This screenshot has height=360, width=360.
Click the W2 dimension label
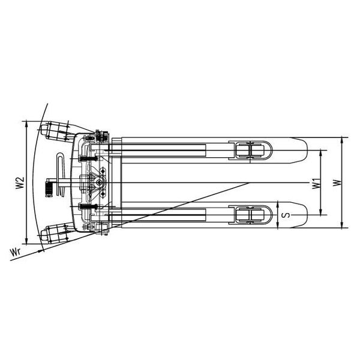click(20, 183)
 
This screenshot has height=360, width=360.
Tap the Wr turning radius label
click(16, 252)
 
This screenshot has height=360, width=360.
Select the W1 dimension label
click(316, 183)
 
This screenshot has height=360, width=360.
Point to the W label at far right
click(338, 183)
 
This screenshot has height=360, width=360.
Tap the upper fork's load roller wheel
click(250, 151)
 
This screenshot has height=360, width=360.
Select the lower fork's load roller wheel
click(250, 215)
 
